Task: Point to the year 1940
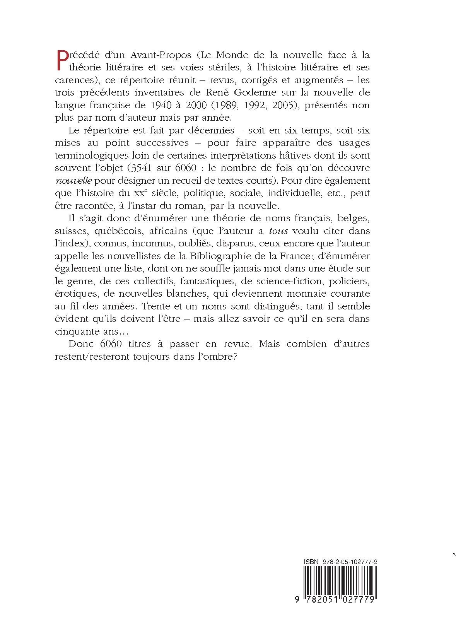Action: [171, 105]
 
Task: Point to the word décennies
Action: [210, 130]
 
